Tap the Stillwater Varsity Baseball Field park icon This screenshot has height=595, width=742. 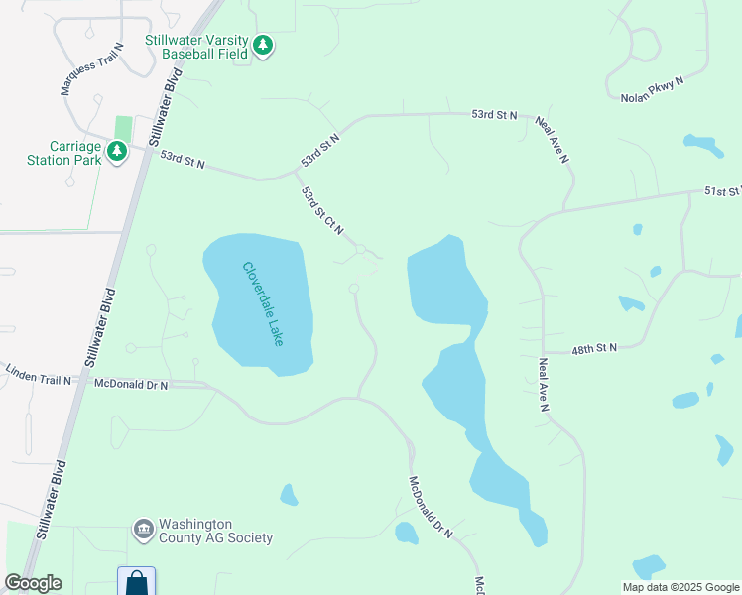pos(263,45)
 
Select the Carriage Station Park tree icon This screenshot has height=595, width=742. pos(117,152)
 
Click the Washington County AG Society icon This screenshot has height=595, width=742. pos(143,530)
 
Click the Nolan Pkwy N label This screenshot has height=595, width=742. pos(654,91)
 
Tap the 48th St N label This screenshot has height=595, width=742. pos(594,348)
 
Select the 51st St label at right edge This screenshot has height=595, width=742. pos(722,190)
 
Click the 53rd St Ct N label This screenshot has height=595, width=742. pos(322,209)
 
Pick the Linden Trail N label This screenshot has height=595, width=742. pos(38,380)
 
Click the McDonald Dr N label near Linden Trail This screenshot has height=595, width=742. pos(131,382)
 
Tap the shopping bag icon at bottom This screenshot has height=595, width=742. pos(136,582)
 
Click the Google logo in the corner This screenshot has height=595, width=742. pos(33,583)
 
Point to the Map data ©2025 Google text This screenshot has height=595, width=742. pos(680,587)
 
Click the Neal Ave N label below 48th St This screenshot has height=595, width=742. pos(544,385)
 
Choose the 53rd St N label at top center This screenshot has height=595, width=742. pos(494,116)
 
